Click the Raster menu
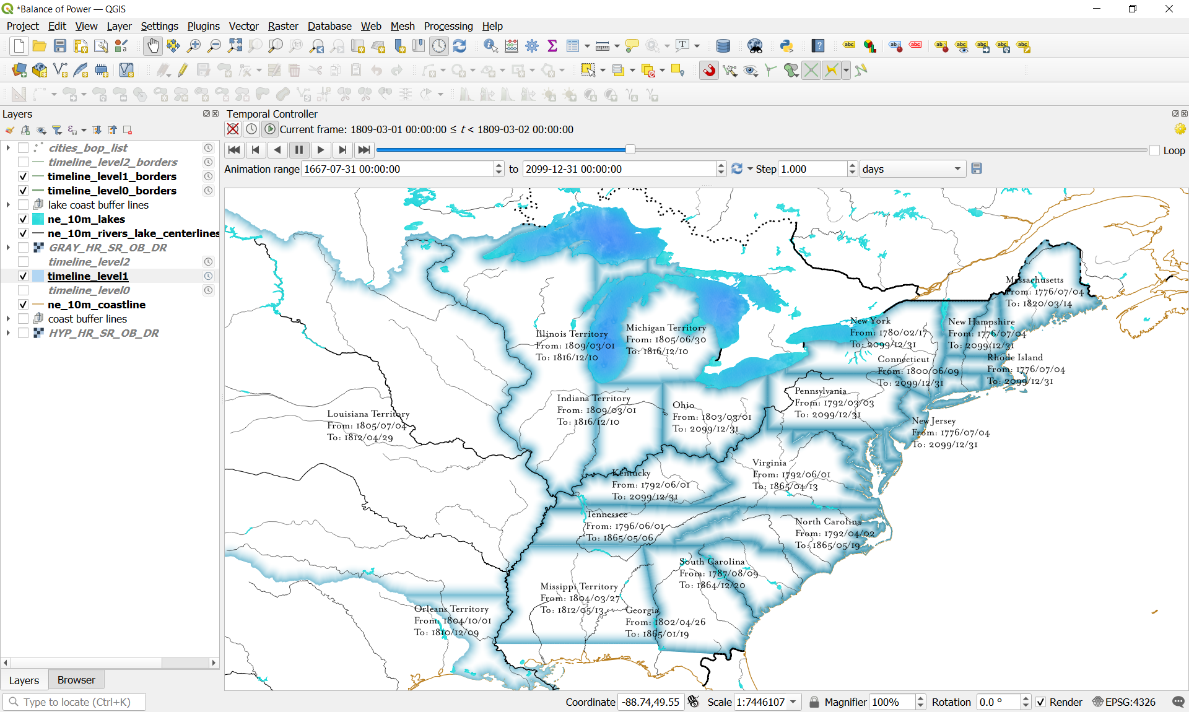(x=283, y=26)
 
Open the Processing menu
(x=448, y=26)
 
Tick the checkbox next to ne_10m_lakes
(x=23, y=219)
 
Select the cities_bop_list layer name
(x=88, y=148)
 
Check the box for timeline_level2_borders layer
(x=23, y=162)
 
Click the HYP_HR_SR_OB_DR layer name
(x=103, y=333)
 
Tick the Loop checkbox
(x=1154, y=150)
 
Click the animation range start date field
(x=396, y=169)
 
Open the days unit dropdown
(x=912, y=169)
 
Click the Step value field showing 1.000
(x=812, y=169)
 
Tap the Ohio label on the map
(x=683, y=405)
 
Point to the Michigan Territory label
(x=666, y=328)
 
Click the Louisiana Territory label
(x=368, y=414)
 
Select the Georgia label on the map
(x=642, y=610)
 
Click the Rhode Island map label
(x=1015, y=357)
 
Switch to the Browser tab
(x=76, y=680)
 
